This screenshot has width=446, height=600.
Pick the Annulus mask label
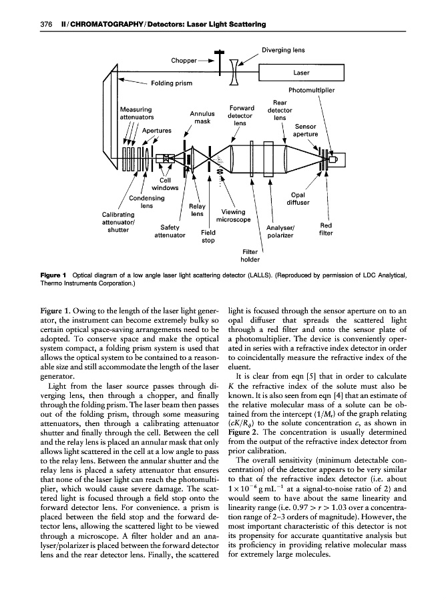click(x=202, y=117)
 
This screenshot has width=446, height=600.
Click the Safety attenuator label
click(x=169, y=231)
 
